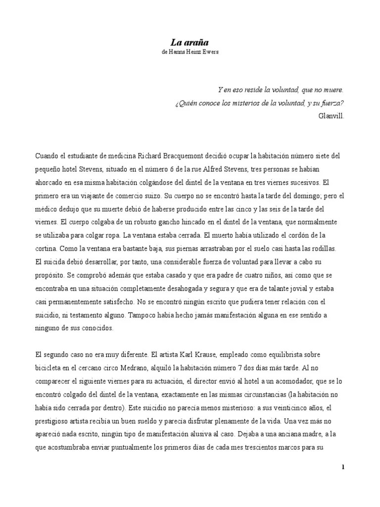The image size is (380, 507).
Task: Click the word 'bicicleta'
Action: tap(48, 368)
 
